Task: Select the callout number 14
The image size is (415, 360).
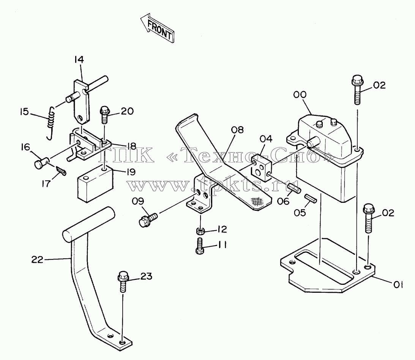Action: [79, 60]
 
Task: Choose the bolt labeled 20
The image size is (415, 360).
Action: [104, 115]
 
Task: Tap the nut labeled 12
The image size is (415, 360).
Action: [200, 231]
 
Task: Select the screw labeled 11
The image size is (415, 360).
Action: [200, 246]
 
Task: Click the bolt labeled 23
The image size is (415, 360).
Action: [123, 282]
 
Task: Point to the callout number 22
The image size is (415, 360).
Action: [37, 260]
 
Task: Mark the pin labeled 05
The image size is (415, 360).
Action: [310, 199]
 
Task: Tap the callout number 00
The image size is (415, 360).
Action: [300, 95]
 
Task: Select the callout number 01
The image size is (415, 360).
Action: [398, 285]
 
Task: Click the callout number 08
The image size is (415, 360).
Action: [237, 130]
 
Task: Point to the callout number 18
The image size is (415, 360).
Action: [131, 146]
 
